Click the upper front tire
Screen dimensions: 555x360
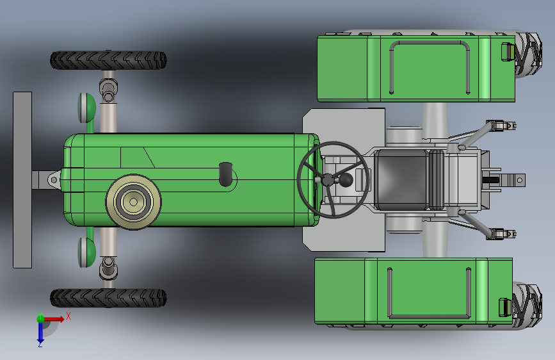[x=108, y=60]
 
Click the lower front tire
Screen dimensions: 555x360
[x=108, y=298]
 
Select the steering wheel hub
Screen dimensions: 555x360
[x=328, y=179]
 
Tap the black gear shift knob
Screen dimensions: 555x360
[x=346, y=180]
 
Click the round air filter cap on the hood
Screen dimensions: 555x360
[x=133, y=202]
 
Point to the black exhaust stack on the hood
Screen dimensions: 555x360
[x=225, y=174]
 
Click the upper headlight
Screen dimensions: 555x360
[x=86, y=108]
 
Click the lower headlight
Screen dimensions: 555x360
[x=86, y=252]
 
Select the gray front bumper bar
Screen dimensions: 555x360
[x=22, y=180]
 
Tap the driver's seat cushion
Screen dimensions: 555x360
[x=401, y=179]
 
